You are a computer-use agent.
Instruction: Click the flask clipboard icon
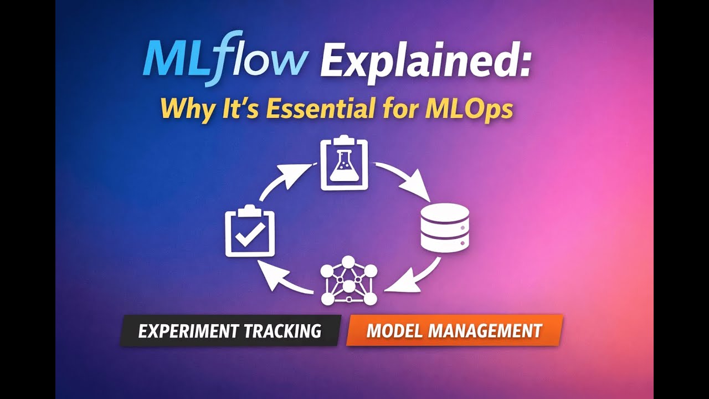343,164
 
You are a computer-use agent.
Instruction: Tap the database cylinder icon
445,227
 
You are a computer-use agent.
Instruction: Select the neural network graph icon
348,280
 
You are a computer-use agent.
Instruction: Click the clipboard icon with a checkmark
249,232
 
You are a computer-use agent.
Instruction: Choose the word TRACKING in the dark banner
289,331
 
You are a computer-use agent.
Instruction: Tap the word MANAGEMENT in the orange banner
485,331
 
